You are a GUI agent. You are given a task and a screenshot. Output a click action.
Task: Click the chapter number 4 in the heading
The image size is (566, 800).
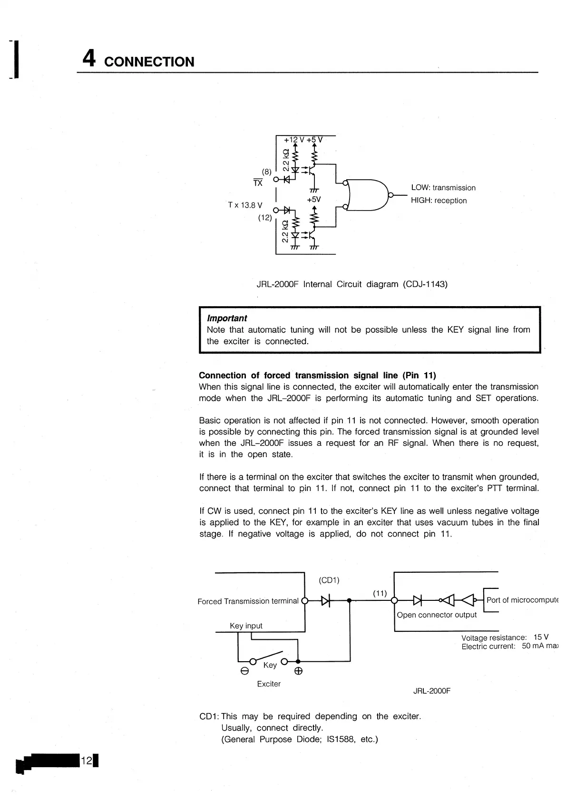[89, 59]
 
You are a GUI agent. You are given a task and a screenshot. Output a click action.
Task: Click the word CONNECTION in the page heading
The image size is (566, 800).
[149, 62]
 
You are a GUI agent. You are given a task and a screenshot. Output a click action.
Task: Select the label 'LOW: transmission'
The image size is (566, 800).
[443, 188]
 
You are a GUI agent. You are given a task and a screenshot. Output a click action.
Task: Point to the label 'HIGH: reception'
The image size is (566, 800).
[439, 201]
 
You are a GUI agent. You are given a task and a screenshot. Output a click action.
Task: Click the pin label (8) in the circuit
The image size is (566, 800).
[267, 171]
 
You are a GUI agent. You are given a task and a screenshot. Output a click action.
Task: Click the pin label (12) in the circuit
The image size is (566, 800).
[265, 218]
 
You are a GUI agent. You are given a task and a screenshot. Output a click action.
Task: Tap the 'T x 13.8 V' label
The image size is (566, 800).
[245, 205]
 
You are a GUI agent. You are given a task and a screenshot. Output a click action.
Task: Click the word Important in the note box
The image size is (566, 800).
[227, 318]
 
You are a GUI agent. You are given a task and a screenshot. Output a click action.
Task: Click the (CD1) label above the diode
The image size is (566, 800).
[329, 580]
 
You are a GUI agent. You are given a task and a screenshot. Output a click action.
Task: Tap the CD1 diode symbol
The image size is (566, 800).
[326, 601]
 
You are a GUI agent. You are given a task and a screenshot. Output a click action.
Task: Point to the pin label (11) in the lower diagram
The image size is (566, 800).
[380, 593]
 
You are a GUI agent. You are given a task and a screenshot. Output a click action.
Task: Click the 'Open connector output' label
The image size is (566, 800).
[437, 615]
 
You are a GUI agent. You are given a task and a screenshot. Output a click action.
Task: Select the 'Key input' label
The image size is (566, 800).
[246, 626]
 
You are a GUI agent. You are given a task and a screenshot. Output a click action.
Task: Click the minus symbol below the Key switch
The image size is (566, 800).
[244, 672]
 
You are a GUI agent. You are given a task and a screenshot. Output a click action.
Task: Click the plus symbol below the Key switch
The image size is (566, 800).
[298, 672]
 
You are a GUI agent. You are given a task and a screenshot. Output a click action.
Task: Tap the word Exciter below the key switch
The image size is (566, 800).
[269, 684]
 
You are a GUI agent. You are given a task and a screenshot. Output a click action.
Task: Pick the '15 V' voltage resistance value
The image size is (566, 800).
[541, 637]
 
